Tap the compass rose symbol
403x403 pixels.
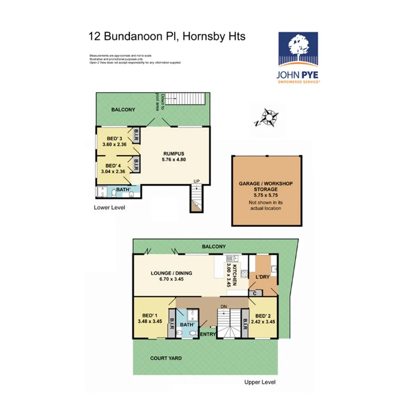[270, 118]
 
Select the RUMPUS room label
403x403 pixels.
[174, 154]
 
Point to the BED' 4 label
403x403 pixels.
[113, 166]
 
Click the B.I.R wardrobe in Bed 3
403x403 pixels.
[136, 136]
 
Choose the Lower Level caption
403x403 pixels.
[109, 208]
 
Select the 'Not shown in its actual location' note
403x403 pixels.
[266, 205]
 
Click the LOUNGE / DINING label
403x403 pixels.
[171, 273]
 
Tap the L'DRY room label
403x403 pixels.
[262, 277]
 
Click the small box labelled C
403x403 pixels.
[255, 293]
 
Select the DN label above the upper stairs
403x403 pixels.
[224, 307]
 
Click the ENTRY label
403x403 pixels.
[208, 334]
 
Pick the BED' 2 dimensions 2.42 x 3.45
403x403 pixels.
[265, 322]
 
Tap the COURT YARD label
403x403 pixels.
[166, 358]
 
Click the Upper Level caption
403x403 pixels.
[259, 382]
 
